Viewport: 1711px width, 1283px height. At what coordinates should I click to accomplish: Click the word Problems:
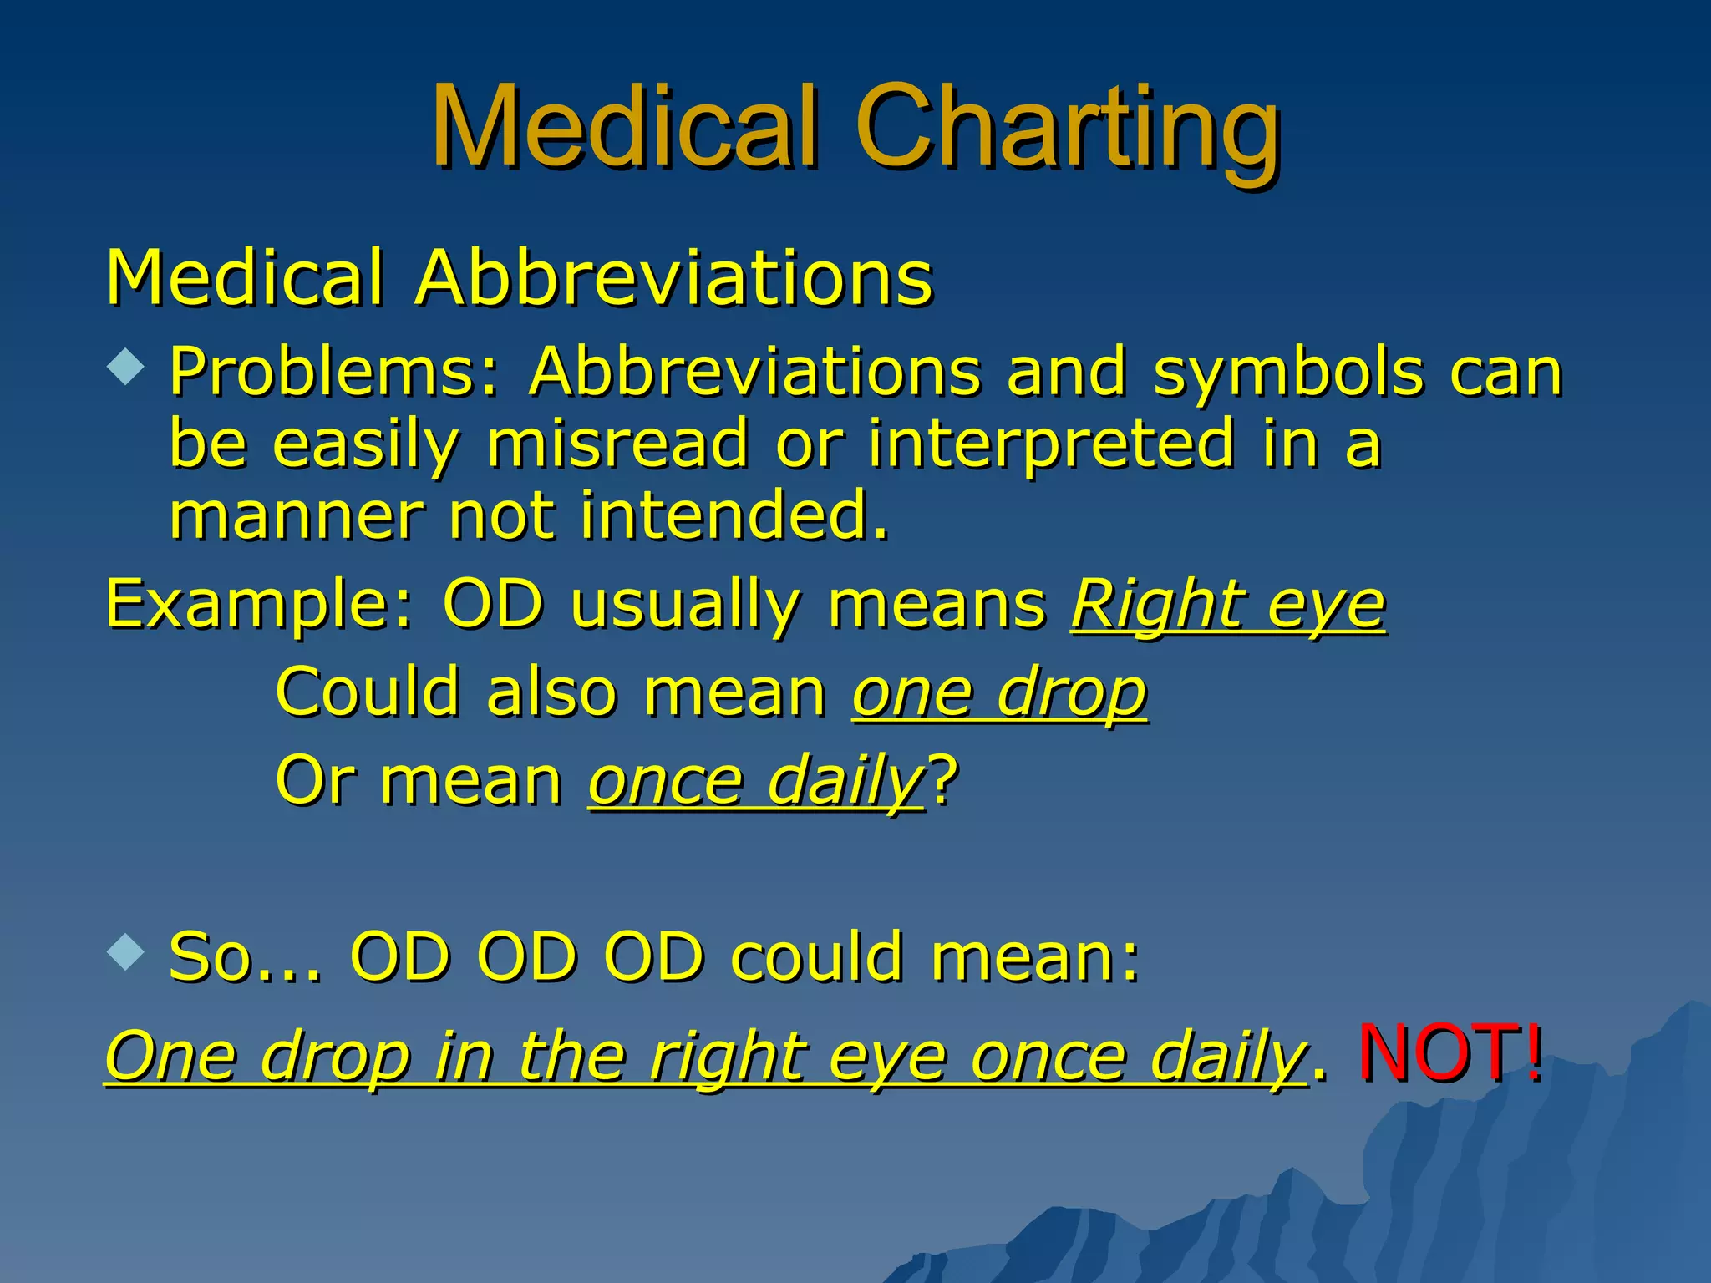click(334, 372)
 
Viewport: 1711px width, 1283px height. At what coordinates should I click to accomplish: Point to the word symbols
click(1287, 372)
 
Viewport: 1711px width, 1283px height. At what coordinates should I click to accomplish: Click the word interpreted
click(1051, 444)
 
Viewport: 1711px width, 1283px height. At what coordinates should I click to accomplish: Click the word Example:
click(260, 605)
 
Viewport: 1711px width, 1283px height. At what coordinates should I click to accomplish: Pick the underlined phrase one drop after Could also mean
click(1000, 693)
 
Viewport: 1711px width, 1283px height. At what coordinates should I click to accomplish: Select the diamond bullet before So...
click(126, 951)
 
